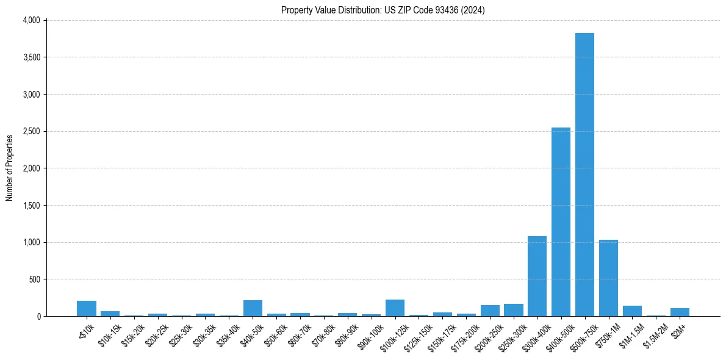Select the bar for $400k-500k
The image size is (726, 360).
click(x=561, y=222)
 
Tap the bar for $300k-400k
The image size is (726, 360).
click(x=537, y=276)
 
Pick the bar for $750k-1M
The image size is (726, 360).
click(x=608, y=278)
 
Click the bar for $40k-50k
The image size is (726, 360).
click(x=253, y=308)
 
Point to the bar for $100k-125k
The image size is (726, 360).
click(x=395, y=308)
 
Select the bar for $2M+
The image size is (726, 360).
click(x=680, y=312)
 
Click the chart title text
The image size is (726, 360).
click(x=383, y=10)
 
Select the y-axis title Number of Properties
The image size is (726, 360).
click(x=10, y=168)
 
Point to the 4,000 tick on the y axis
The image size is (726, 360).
click(x=30, y=20)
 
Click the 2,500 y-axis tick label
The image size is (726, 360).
click(x=30, y=131)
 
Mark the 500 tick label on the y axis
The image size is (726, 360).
click(x=34, y=279)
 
